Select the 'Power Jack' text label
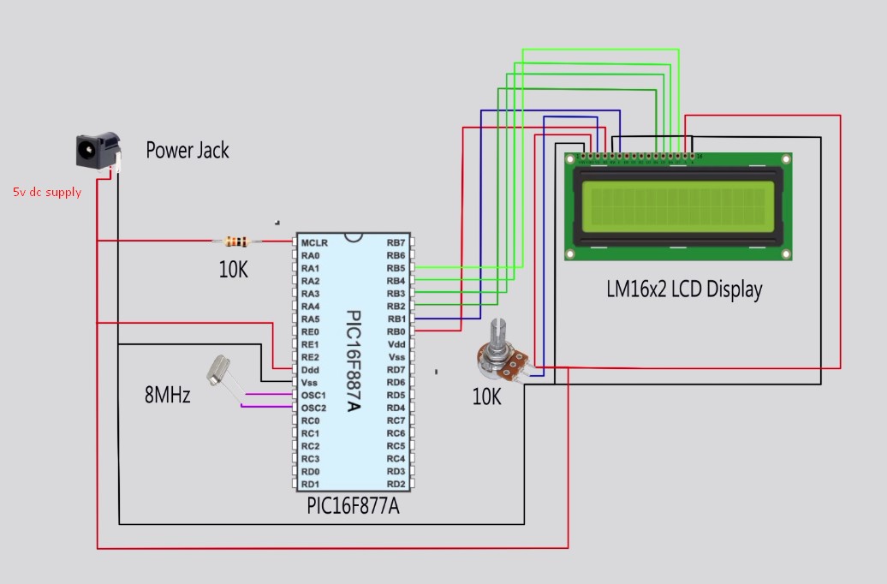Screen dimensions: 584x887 [188, 151]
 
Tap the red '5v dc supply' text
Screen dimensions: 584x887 [47, 193]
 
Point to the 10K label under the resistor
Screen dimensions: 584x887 [233, 271]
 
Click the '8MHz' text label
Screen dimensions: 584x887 [167, 396]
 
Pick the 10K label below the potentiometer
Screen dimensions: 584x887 [486, 397]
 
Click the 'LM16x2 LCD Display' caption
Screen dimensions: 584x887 [683, 289]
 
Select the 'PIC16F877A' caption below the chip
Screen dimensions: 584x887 [353, 506]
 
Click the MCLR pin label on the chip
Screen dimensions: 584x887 [314, 243]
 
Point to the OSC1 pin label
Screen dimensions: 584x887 [314, 395]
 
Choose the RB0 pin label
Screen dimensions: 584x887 [396, 331]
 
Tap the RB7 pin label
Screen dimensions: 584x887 [396, 243]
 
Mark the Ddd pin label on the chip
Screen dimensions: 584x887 [311, 370]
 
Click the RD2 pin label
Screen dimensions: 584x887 [396, 484]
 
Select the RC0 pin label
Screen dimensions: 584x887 [311, 420]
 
